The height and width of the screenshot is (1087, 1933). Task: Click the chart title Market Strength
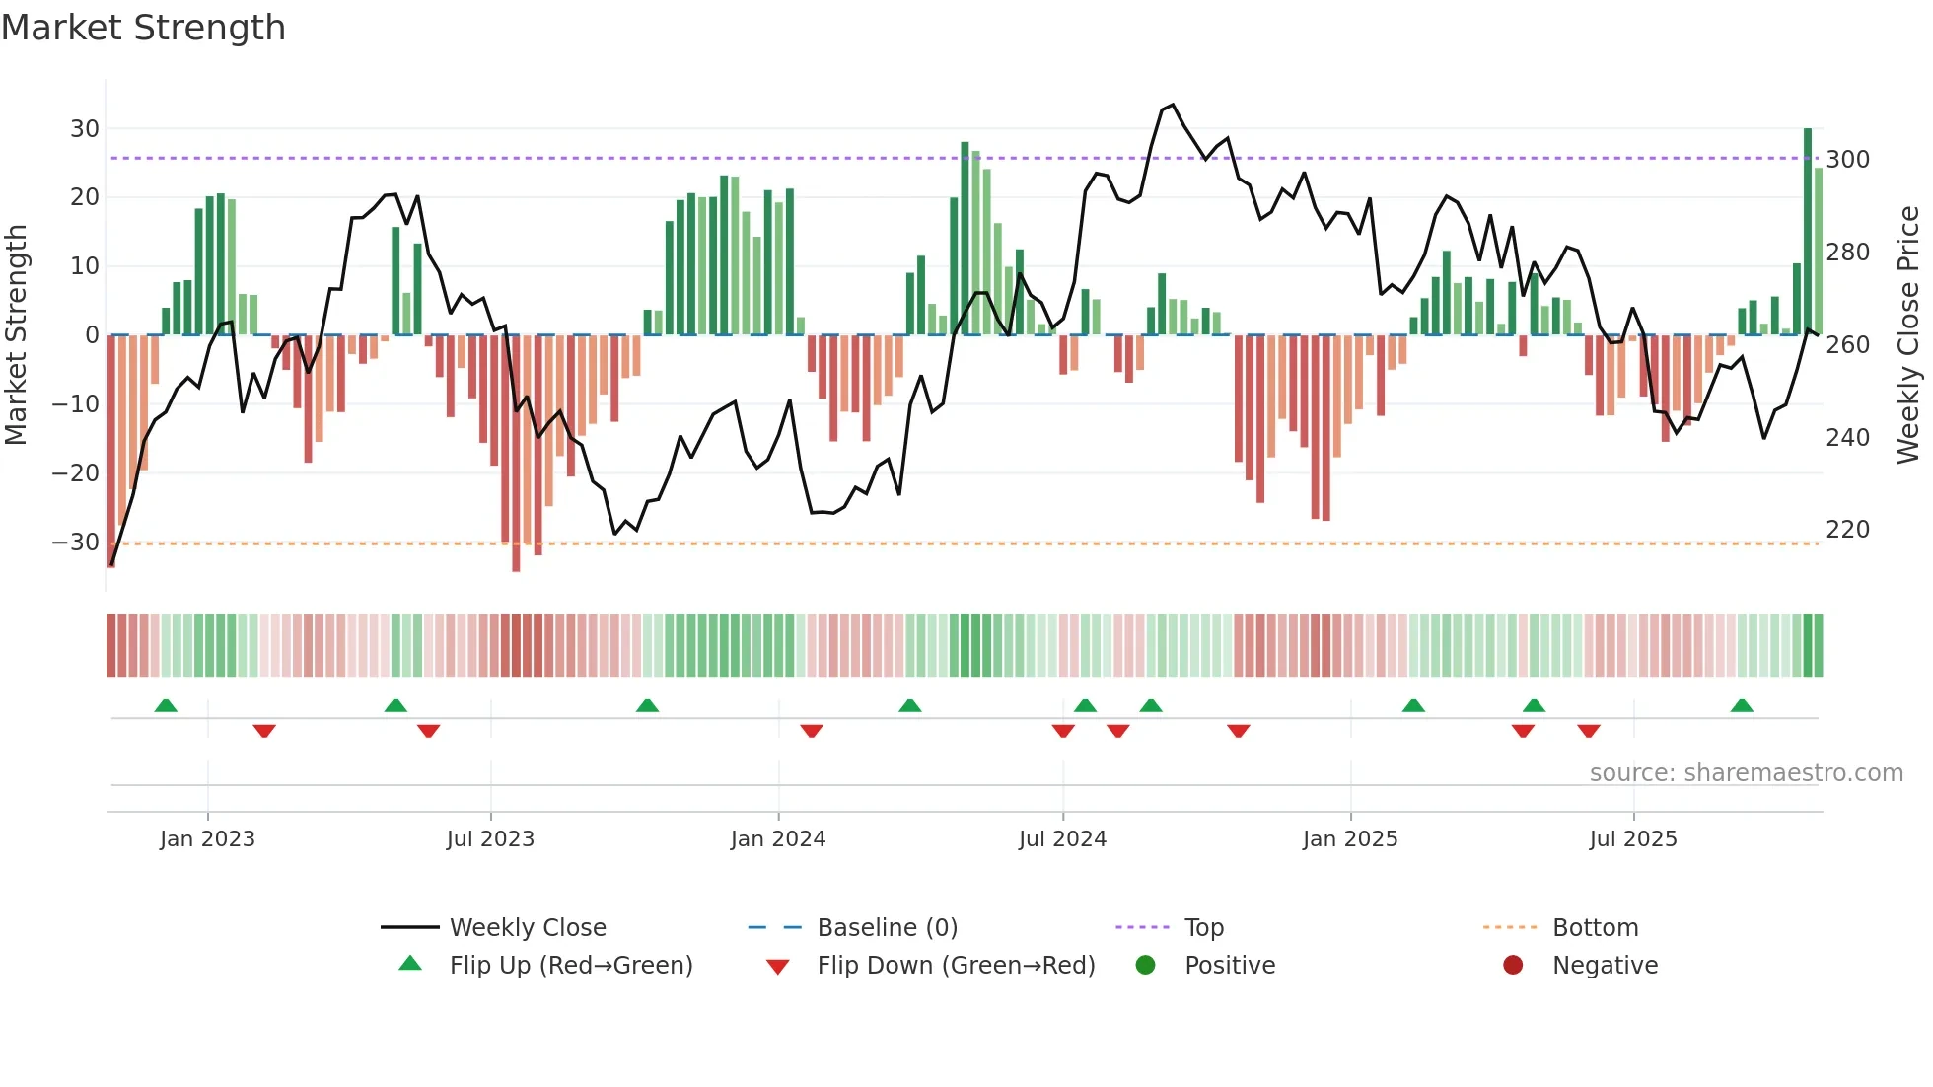pos(143,28)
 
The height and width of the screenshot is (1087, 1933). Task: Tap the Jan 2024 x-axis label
pos(777,839)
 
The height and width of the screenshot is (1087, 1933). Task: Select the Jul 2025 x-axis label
pos(1632,839)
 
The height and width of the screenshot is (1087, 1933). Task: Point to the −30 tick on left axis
pos(76,543)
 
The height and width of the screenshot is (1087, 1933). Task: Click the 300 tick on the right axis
pos(1847,160)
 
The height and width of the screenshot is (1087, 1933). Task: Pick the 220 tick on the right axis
pos(1847,530)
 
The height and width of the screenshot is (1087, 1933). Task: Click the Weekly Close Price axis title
pos(1908,335)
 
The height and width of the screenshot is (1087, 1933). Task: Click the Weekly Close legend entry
pos(527,928)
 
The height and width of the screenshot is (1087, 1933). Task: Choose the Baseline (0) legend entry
pos(887,928)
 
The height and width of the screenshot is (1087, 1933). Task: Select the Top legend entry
pos(1203,928)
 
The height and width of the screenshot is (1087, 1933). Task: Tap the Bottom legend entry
pos(1595,928)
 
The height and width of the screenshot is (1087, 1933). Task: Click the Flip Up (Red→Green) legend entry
pos(570,966)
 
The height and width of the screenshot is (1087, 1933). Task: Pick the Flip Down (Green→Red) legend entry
pos(955,966)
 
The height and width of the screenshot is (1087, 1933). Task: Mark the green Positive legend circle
pos(1145,965)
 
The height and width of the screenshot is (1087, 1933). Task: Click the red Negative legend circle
pos(1513,965)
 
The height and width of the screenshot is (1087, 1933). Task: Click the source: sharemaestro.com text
pos(1746,773)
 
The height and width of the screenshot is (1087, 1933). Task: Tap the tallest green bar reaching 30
pos(1808,232)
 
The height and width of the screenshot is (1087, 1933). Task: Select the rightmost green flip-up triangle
pos(1742,705)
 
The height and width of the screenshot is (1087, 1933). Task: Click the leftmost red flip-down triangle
pos(264,731)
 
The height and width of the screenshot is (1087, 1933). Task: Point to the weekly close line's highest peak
pos(1172,105)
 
